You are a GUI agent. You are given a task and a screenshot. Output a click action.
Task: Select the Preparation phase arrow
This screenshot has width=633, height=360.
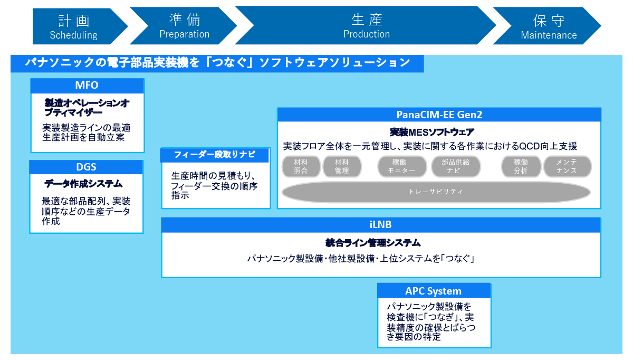[184, 26]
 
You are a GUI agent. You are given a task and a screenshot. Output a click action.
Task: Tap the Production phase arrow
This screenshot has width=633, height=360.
[366, 26]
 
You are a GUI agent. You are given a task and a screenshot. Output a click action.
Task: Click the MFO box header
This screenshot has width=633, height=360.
[87, 86]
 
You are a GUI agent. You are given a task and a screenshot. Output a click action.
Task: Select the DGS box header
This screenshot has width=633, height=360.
[86, 167]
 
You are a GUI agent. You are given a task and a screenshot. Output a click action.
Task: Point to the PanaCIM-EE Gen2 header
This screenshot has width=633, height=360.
[439, 115]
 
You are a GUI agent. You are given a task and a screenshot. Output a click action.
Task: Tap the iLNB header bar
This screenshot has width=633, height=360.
[381, 225]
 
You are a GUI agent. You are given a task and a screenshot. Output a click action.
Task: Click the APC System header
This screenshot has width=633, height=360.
[434, 291]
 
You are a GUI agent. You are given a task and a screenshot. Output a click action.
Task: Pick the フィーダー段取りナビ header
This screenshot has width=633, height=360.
[215, 155]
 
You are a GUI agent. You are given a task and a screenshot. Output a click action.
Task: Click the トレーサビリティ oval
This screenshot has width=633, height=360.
[436, 192]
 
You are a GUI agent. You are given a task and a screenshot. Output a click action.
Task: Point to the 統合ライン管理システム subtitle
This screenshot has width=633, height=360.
[373, 243]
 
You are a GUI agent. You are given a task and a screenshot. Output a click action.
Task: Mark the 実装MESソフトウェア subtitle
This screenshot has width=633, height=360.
[431, 132]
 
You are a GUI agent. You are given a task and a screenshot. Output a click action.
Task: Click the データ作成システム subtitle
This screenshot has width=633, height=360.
[83, 184]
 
